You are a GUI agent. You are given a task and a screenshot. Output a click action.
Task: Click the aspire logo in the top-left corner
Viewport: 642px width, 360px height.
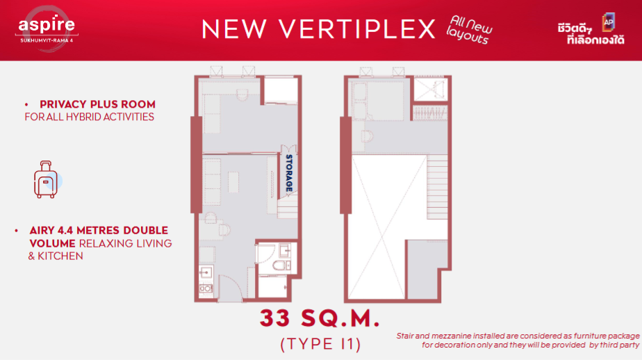(x=47, y=29)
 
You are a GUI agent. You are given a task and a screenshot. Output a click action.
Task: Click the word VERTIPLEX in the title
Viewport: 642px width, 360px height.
(x=357, y=29)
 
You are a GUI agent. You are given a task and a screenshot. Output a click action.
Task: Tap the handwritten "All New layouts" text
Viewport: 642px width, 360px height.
(x=469, y=30)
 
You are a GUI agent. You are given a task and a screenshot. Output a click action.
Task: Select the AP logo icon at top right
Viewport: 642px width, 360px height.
(x=609, y=22)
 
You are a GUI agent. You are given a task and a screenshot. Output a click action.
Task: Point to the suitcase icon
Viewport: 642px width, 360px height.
(x=46, y=179)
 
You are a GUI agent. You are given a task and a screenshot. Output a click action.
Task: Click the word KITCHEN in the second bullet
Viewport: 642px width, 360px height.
(x=60, y=256)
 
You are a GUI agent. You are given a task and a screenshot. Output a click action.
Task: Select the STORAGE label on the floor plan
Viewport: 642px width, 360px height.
(x=289, y=173)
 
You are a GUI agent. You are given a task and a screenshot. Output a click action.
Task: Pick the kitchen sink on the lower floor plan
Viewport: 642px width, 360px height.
(x=206, y=272)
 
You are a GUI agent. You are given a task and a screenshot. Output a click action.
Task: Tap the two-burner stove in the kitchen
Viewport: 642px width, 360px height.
(x=206, y=289)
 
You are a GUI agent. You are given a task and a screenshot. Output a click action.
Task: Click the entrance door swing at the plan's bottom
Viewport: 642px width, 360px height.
(x=229, y=288)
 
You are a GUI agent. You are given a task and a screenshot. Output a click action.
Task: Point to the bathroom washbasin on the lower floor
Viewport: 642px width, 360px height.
(x=285, y=250)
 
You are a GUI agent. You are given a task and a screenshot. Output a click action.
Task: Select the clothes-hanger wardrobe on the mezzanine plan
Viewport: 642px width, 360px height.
(x=429, y=113)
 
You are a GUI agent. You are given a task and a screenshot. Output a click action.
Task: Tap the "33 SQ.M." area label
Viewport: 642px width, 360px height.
(x=320, y=318)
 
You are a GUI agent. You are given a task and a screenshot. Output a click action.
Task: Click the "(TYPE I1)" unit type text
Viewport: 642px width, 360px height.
(x=320, y=344)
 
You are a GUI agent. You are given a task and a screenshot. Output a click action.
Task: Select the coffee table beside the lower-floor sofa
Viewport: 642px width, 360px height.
(x=233, y=182)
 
